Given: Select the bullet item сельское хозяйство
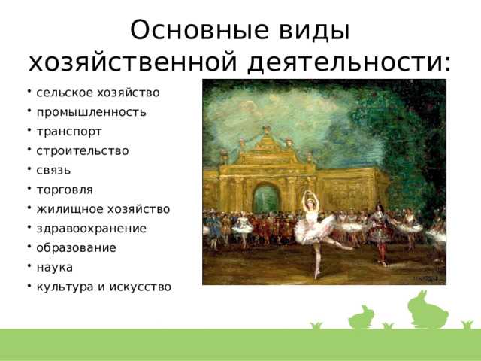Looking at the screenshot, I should pos(98,93).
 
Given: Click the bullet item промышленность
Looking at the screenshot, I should pos(91,112).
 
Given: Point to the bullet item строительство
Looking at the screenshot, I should pos(82,150).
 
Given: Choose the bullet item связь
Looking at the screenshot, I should pos(53,170).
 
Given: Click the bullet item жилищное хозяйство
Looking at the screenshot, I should pos(103,209).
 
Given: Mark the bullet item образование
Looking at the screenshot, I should pos(76,247).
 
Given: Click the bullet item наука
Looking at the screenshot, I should pos(55,267).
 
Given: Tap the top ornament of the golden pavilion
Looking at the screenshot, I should pos(266,131).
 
